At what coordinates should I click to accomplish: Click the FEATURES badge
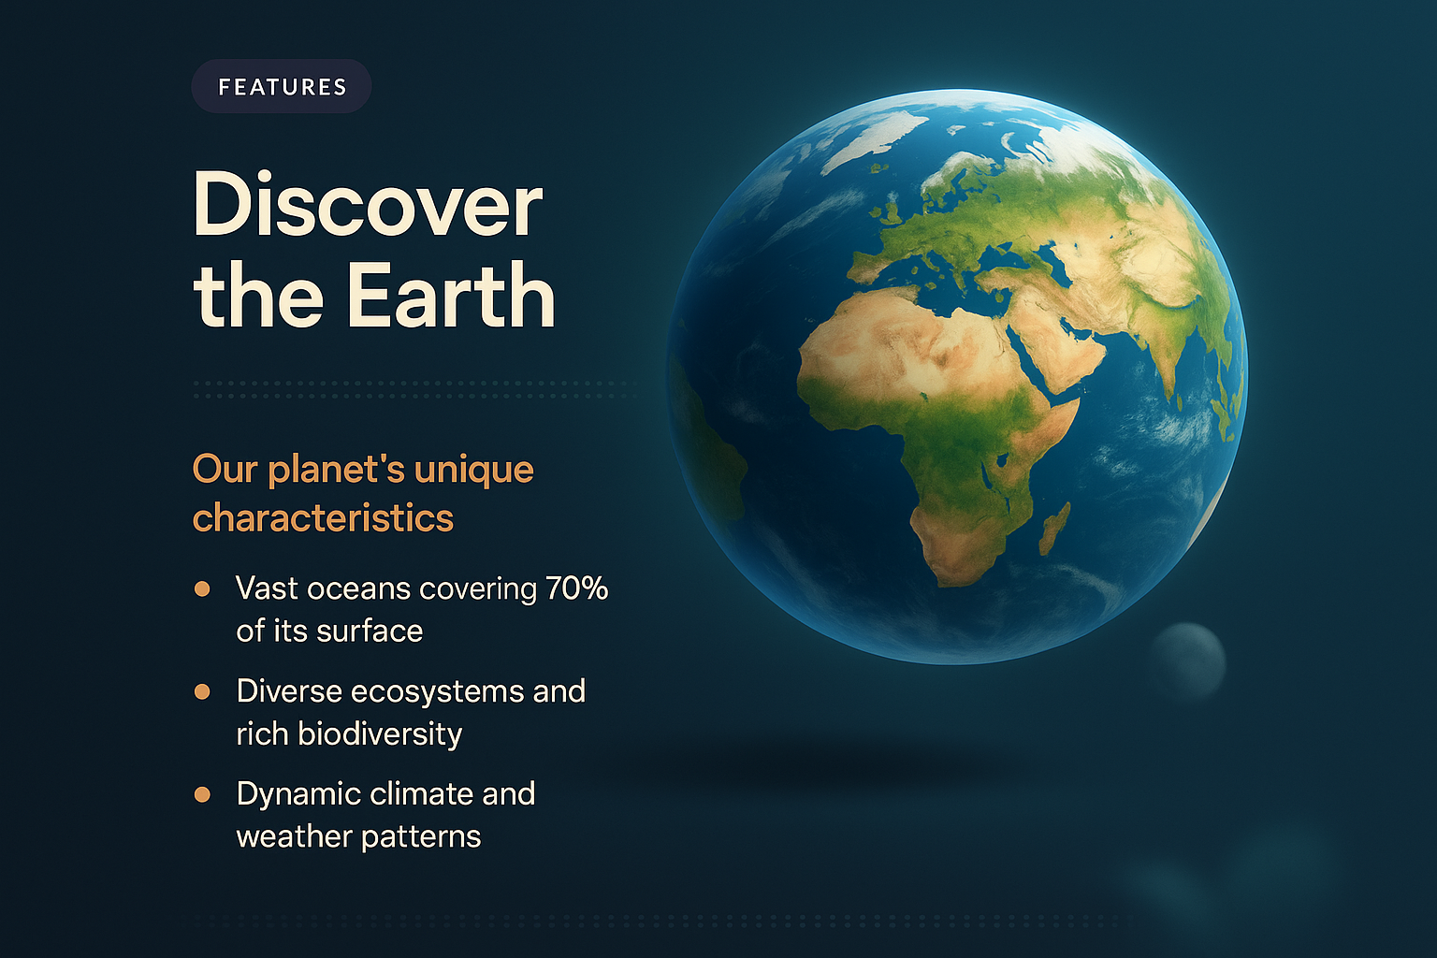pos(282,87)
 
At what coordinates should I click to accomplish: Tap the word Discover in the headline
pos(368,205)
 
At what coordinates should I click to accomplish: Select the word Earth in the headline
pos(451,295)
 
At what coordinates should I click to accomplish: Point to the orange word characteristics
pos(323,517)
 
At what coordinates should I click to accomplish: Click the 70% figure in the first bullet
pos(576,588)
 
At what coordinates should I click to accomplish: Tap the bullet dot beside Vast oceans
pos(202,588)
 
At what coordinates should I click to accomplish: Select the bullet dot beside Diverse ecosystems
pos(202,691)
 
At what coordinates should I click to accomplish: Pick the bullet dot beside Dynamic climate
pos(202,794)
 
